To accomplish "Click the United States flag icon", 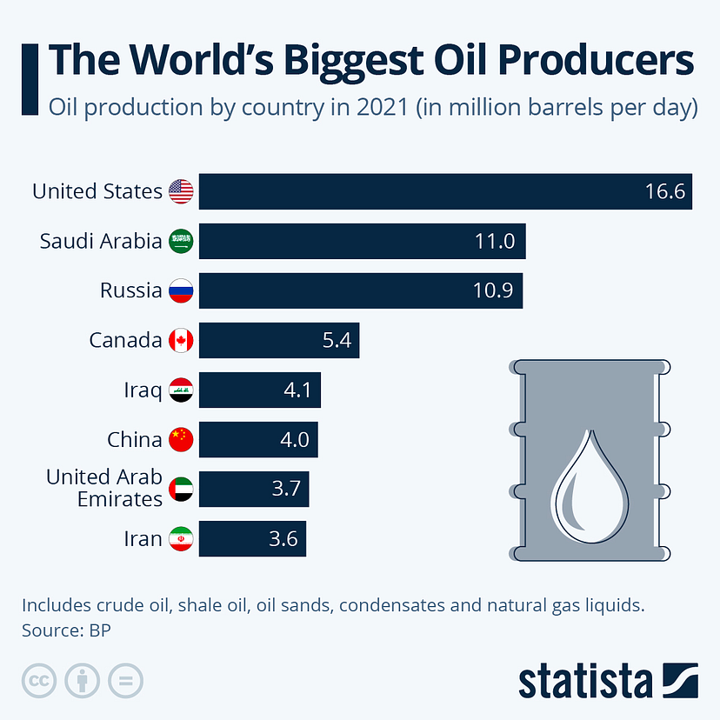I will pos(181,191).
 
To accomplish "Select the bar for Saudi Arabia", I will pos(362,241).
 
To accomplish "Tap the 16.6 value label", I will pos(666,191).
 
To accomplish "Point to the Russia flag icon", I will pos(181,290).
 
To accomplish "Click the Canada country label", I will pos(125,340).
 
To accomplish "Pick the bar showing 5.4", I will pos(278,340).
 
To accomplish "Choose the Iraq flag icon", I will pos(181,390).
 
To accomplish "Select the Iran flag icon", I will pos(181,539).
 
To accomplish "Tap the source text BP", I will pos(101,630).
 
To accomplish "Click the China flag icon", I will pos(181,440).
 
